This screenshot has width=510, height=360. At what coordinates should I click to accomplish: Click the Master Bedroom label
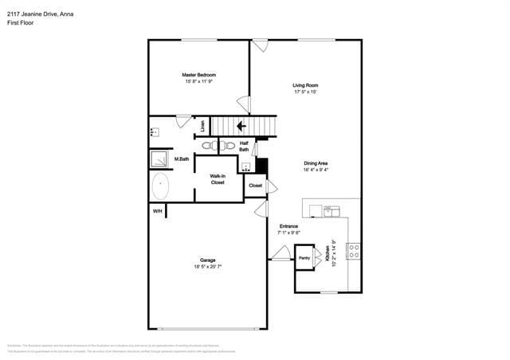click(199, 75)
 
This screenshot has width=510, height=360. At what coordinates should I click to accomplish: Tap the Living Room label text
click(305, 85)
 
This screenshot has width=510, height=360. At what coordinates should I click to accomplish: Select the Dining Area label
click(316, 163)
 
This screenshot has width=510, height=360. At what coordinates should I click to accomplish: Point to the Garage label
click(207, 260)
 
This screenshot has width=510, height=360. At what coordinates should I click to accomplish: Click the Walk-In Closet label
click(217, 179)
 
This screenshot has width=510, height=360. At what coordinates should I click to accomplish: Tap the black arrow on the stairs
click(241, 125)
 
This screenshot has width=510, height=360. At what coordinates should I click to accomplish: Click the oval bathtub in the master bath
click(160, 188)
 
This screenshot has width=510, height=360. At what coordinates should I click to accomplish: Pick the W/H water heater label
click(157, 211)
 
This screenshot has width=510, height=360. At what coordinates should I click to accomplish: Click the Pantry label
click(304, 258)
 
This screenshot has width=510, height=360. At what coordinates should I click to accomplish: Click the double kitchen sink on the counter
click(331, 210)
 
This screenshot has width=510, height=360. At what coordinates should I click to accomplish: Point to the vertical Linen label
click(202, 125)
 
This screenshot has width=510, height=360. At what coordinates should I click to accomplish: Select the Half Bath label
click(244, 146)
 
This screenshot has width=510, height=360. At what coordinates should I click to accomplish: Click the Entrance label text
click(288, 227)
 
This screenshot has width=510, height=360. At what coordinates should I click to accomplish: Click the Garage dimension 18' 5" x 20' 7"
click(207, 267)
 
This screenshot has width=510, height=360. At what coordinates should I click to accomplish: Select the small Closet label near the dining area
click(255, 186)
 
